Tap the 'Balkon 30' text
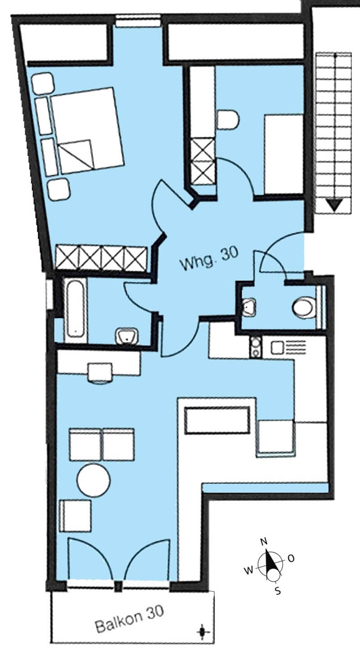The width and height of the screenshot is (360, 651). [x=130, y=619]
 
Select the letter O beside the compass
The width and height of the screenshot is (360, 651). [x=291, y=558]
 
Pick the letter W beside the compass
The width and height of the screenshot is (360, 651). [x=249, y=570]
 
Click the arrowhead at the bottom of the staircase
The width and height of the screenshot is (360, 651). [x=335, y=205]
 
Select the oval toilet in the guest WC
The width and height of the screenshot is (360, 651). [x=304, y=307]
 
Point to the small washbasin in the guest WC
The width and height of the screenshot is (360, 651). [x=249, y=307]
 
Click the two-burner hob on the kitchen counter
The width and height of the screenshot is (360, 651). [x=256, y=347]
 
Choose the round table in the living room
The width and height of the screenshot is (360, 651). [x=94, y=480]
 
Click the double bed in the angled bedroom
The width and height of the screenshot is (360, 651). [x=87, y=131]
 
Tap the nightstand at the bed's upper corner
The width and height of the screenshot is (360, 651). [x=43, y=83]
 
